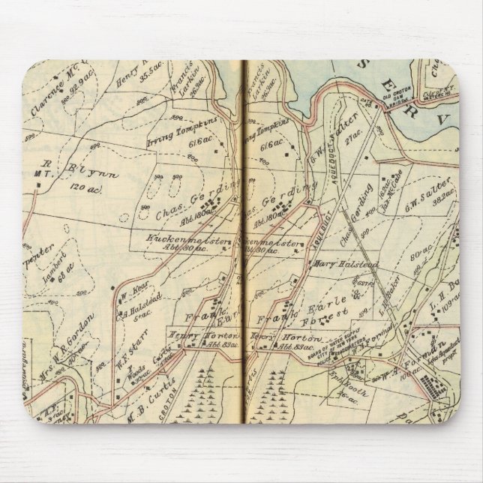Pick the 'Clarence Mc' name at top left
click(x=51, y=103)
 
